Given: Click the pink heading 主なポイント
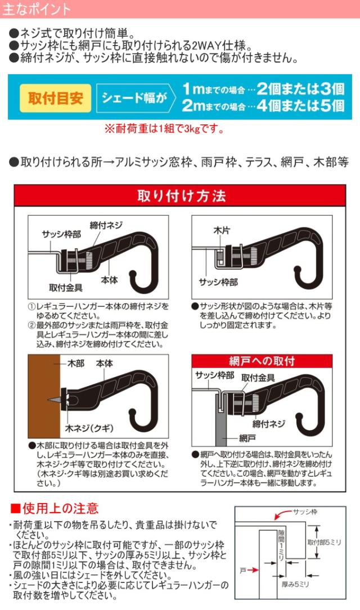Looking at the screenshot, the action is click(x=36, y=8).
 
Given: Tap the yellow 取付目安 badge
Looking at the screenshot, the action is click(x=55, y=98).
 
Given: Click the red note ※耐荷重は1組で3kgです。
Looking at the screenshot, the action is click(x=164, y=128).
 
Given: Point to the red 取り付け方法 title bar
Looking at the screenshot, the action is click(x=180, y=196).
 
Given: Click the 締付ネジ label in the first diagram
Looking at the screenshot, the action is click(x=106, y=225).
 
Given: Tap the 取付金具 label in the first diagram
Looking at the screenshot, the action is click(x=66, y=288).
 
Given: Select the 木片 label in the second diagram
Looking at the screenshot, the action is click(x=221, y=230).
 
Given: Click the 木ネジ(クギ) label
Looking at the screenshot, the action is click(x=89, y=428).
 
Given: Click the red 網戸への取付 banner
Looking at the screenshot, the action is click(x=262, y=361).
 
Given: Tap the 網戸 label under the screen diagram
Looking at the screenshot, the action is click(x=247, y=438).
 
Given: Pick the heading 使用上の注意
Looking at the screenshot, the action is click(x=55, y=508).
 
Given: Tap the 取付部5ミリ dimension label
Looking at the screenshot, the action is click(x=324, y=542).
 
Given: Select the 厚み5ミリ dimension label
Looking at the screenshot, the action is click(x=295, y=584).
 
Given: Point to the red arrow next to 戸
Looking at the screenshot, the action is click(x=253, y=570).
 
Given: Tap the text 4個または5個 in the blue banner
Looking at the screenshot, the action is click(x=300, y=105).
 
